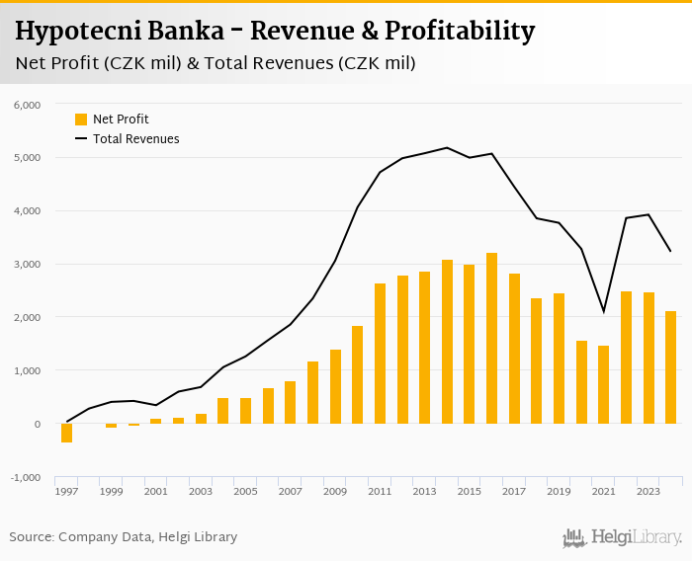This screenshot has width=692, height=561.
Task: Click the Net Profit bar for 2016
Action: coord(491,339)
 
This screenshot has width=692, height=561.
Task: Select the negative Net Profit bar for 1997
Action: coord(66,433)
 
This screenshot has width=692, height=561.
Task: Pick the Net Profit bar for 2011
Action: coord(380,354)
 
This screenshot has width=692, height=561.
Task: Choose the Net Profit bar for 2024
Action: coord(670,367)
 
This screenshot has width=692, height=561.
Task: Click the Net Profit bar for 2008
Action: coord(312,392)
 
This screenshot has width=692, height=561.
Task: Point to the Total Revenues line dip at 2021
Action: coord(603,312)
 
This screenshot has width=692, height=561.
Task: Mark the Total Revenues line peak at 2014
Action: coord(447,148)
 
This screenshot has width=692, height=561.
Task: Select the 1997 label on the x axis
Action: coord(66,491)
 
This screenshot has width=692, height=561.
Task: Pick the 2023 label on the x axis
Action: coord(648,491)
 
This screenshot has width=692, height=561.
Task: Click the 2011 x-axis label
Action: coord(380,491)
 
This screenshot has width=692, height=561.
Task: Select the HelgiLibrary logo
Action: coord(622,537)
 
